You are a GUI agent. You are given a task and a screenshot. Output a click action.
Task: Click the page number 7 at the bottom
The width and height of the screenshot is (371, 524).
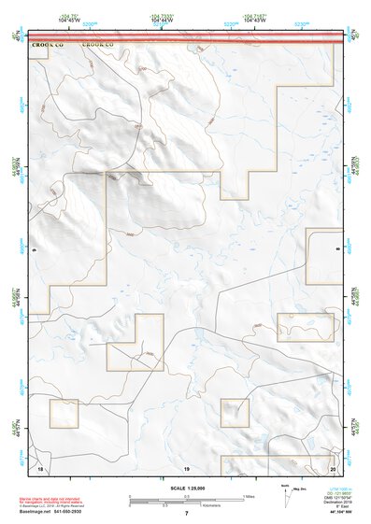pos(186,515)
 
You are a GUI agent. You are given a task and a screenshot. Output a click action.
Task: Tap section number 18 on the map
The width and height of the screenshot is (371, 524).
pos(40,466)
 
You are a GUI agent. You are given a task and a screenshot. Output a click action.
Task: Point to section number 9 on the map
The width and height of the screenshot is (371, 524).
pos(35,250)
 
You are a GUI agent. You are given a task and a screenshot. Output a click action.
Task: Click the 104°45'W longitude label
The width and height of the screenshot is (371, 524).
pos(91,20)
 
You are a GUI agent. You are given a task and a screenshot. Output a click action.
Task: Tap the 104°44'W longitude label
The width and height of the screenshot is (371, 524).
pos(162,20)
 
